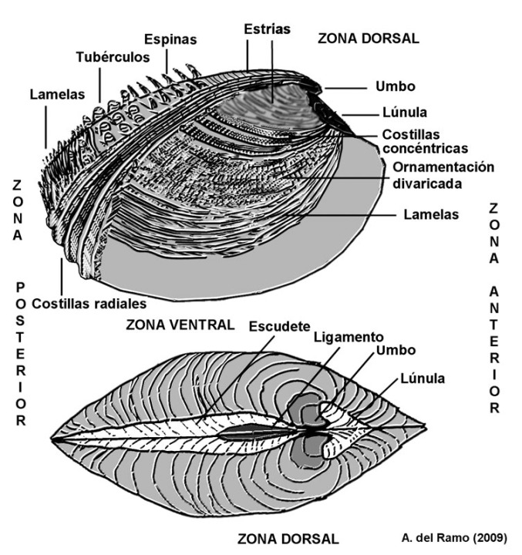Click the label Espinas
coord(170,39)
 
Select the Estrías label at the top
coord(265,29)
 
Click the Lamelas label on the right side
coord(430,215)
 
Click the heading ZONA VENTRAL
coord(180,325)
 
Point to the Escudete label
coord(277,326)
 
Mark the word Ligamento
coord(348,337)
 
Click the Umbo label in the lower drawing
coord(396,350)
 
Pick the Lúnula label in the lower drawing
coord(423,378)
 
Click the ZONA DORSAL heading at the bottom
coord(287,536)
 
